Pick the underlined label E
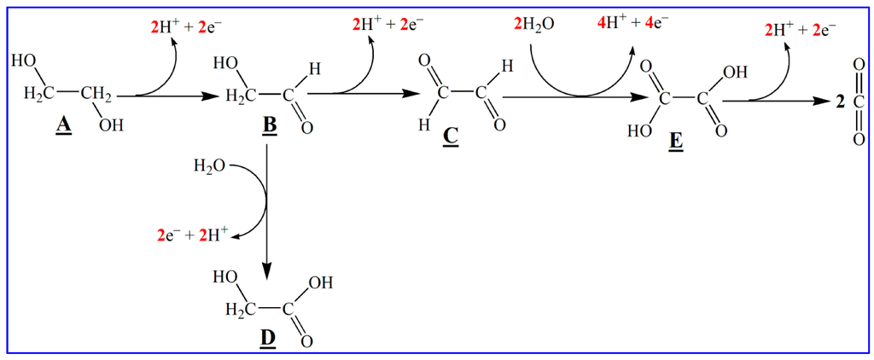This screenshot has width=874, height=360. pyautogui.click(x=676, y=141)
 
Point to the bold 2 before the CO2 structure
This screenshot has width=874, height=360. pyautogui.click(x=840, y=102)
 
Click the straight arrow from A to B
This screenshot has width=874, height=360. pyautogui.click(x=171, y=97)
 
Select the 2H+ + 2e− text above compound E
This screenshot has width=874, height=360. pyautogui.click(x=797, y=31)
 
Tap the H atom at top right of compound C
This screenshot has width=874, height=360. pyautogui.click(x=507, y=65)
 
